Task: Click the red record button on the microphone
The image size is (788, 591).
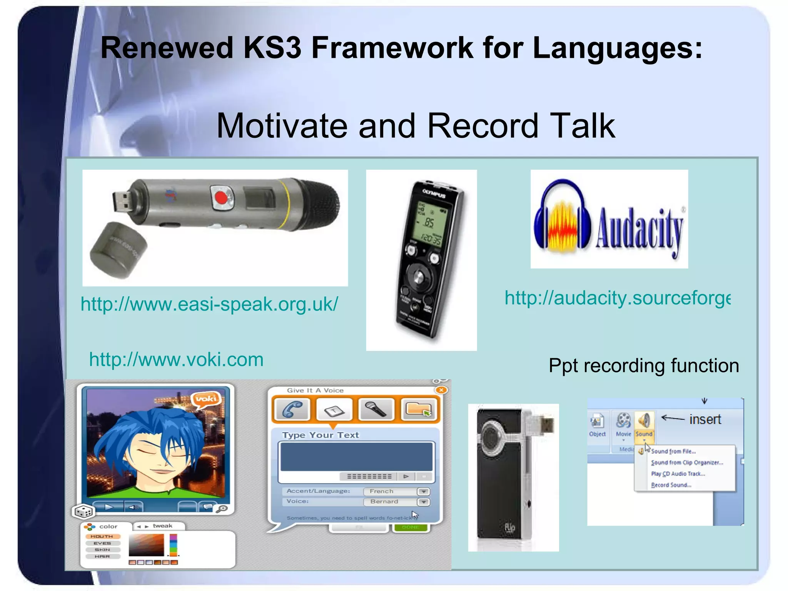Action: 221,198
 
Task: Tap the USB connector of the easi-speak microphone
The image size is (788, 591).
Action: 122,200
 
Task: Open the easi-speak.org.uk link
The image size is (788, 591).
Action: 209,304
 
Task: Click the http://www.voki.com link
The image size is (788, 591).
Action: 176,360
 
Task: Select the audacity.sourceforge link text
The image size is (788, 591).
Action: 617,298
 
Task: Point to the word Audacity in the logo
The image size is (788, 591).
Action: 639,229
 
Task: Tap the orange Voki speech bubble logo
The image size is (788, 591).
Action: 207,399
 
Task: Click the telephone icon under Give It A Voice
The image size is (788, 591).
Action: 292,409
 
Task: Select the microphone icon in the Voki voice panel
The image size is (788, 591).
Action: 376,409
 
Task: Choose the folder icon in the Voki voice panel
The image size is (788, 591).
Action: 419,409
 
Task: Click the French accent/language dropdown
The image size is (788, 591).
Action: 396,491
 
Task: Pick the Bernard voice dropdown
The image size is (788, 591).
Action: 396,502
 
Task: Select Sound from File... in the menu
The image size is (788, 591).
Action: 673,451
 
